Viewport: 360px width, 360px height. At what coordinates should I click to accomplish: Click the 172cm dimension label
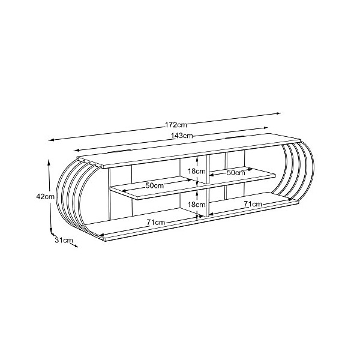click(x=176, y=125)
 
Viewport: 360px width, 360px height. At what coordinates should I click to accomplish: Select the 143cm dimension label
click(x=182, y=136)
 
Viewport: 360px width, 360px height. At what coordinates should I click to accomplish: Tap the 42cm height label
click(x=45, y=197)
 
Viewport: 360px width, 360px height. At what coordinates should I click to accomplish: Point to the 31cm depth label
click(x=64, y=240)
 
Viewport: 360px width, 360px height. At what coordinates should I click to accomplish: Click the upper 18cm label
click(x=197, y=171)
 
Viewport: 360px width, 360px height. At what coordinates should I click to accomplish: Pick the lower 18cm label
click(x=197, y=205)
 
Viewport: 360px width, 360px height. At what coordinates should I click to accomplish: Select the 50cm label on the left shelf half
click(x=155, y=185)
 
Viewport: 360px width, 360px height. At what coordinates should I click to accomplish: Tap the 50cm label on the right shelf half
click(x=236, y=173)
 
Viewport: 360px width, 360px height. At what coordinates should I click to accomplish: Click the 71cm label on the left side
click(x=156, y=222)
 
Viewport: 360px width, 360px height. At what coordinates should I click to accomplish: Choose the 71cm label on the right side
click(x=253, y=204)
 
